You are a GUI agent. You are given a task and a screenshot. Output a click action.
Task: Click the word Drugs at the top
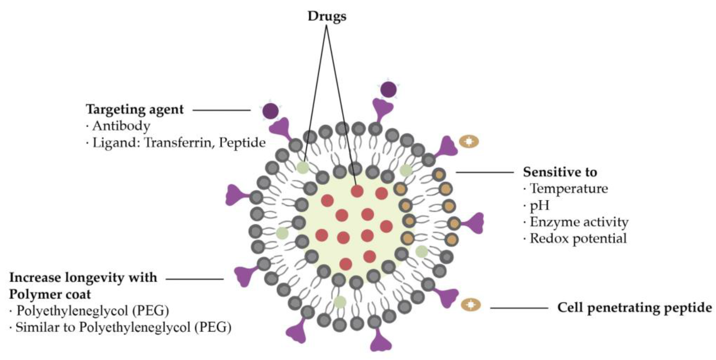tap(327, 16)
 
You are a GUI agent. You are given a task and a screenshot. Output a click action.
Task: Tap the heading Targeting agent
tap(135, 109)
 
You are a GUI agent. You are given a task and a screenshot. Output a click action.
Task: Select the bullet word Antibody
tap(121, 126)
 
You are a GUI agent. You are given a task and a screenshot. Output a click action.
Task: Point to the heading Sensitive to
tap(560, 172)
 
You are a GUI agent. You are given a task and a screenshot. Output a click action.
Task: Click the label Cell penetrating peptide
tap(635, 308)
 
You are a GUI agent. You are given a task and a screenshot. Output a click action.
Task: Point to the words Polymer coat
tap(50, 294)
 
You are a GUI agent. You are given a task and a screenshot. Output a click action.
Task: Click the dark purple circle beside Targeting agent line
tap(270, 111)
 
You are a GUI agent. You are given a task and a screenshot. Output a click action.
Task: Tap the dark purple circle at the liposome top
tap(388, 90)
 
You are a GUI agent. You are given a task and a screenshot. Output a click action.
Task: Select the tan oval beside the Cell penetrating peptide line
tap(470, 305)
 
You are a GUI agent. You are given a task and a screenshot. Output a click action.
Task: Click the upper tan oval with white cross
tap(469, 142)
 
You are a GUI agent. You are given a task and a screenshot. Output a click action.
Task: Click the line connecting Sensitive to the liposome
tap(485, 172)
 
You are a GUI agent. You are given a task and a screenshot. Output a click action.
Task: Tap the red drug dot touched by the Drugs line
tap(357, 191)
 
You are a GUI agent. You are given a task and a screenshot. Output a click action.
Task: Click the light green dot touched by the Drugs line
tap(303, 168)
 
